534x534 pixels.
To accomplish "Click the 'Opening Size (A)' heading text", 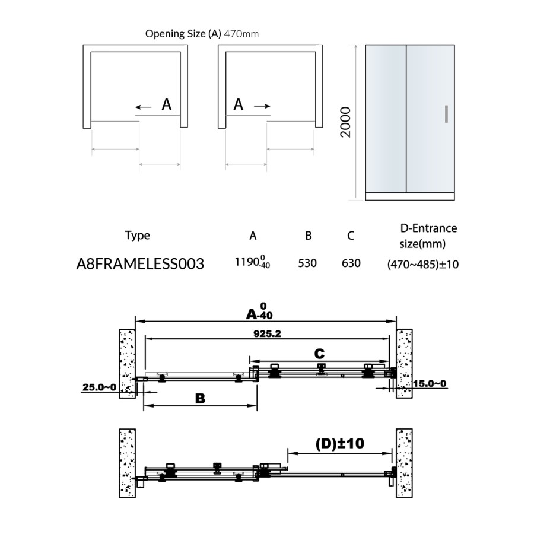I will point(183,34).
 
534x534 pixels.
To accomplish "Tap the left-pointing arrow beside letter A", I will point(143,107).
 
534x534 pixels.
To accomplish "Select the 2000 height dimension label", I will point(345,122).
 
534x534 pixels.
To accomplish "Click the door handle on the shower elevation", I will point(446,114).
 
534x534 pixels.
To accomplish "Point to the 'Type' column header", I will point(138,236).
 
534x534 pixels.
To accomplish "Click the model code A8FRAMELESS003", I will point(140,263).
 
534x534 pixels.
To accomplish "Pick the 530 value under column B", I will point(308,263).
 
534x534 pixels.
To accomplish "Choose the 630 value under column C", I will point(351,263).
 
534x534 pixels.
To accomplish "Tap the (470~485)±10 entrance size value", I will point(422,264).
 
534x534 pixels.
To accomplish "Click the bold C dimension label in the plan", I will point(320,354).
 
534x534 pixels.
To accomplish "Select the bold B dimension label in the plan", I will point(200,399).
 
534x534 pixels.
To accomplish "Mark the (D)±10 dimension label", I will point(339,443).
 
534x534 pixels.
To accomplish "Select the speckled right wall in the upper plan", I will point(404,363).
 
